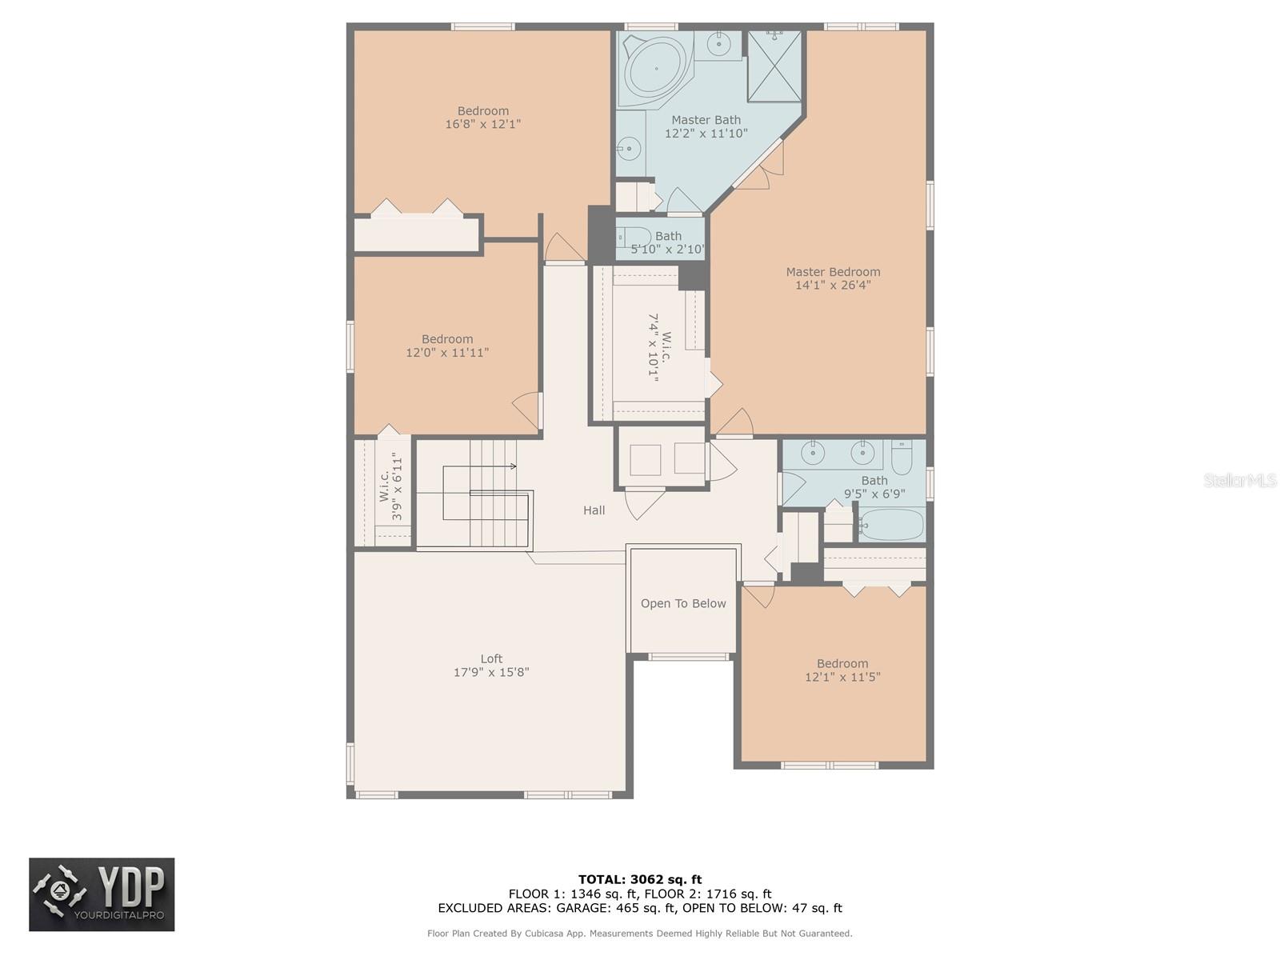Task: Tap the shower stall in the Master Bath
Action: (x=774, y=66)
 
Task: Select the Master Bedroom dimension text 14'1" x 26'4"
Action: (x=833, y=285)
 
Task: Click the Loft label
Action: (x=491, y=659)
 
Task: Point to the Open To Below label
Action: (x=683, y=603)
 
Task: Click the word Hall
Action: (x=594, y=510)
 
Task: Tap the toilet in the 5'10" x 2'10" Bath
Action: (x=634, y=238)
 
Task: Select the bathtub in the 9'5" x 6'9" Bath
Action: (x=890, y=526)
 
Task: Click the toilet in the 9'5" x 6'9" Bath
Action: (x=902, y=458)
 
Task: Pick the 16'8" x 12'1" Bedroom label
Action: (x=483, y=111)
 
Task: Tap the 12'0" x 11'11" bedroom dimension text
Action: (x=447, y=352)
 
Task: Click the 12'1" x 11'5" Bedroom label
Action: (x=842, y=663)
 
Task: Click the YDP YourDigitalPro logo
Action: (x=102, y=894)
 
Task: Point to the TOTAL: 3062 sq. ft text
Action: (x=640, y=879)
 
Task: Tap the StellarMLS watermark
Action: (x=1239, y=480)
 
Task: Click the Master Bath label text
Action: (x=706, y=120)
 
